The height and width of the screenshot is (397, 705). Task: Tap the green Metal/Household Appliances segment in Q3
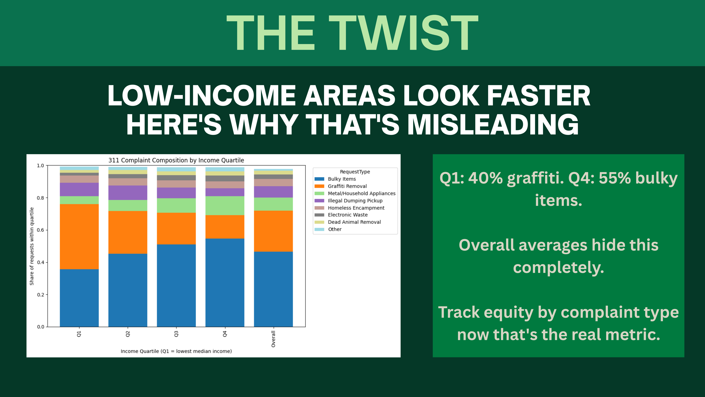[x=176, y=205]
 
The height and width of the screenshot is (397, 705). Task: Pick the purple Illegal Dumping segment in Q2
[x=128, y=193]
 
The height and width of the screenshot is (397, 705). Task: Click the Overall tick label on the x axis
[x=273, y=339]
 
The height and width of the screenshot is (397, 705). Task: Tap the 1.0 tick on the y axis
[x=41, y=166]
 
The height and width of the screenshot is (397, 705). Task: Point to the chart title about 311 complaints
[x=176, y=160]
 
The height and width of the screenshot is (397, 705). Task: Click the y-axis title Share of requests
[x=32, y=246]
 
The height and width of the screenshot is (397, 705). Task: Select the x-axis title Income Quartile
[x=176, y=351]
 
